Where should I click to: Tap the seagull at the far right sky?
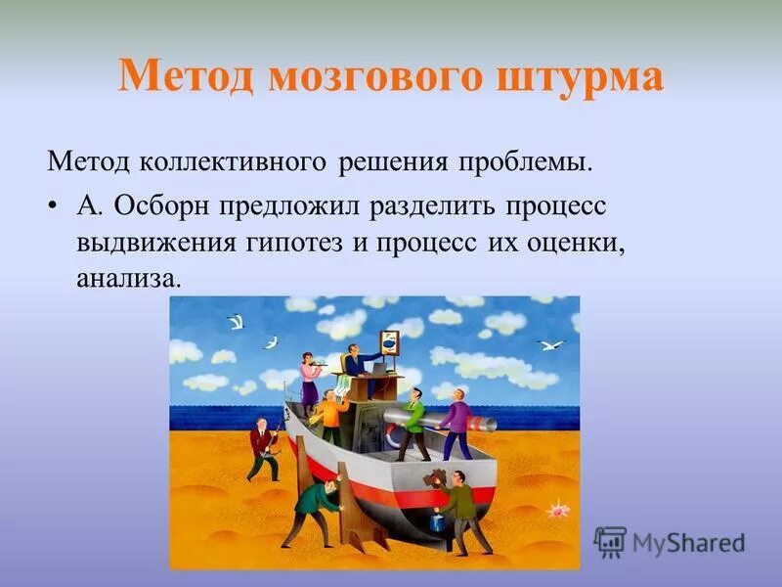coord(550,344)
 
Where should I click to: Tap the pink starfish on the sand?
coord(557,510)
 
